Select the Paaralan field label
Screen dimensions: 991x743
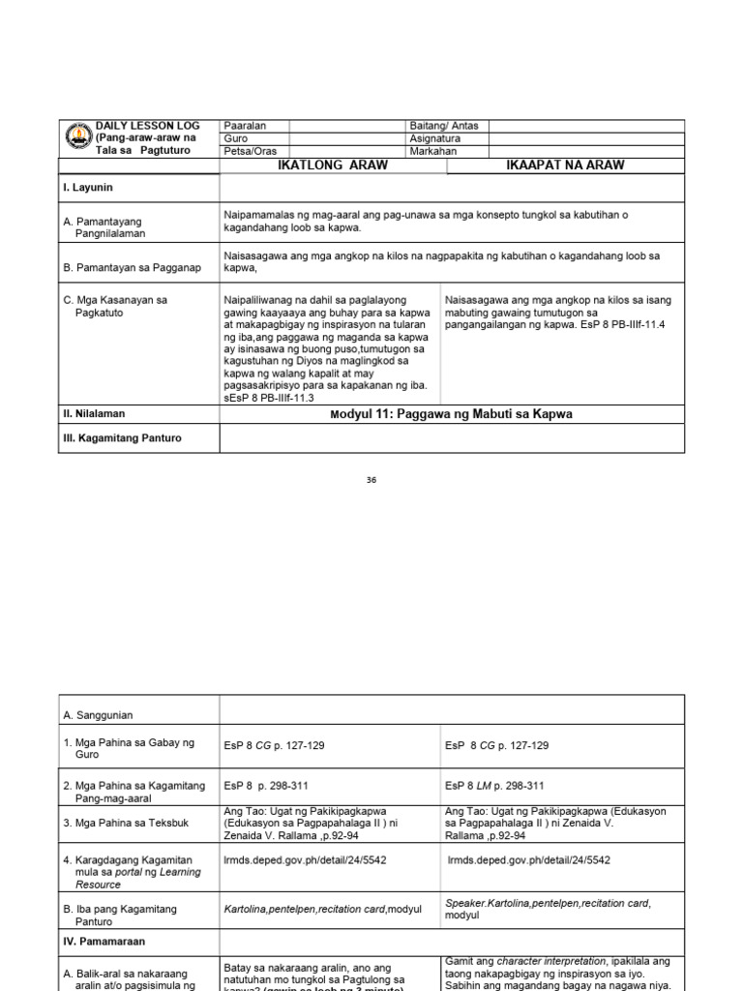[x=245, y=126]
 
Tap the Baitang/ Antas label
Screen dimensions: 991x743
[x=444, y=126]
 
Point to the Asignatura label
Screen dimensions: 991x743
[x=437, y=138]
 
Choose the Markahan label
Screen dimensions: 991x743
[x=432, y=152]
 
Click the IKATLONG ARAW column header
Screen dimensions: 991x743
[x=333, y=165]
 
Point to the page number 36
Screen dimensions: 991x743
[x=371, y=479]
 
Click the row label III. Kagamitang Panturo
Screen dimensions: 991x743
[x=122, y=438]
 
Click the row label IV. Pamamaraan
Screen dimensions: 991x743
[x=104, y=940]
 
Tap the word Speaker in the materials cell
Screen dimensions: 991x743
[x=465, y=903]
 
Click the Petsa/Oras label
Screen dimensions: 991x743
[x=249, y=152]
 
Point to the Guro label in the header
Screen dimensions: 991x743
[x=235, y=138]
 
